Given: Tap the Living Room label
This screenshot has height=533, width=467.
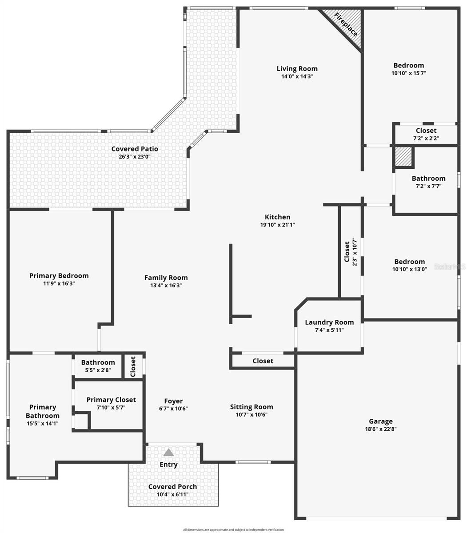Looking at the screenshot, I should coord(297,68).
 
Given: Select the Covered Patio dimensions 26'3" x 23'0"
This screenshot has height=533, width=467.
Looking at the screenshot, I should coord(135,156).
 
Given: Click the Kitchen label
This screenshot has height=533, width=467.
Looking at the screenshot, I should coord(277,217).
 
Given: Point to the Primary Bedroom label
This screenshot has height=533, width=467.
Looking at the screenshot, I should coord(59,275).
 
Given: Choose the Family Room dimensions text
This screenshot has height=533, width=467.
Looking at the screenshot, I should coord(166,285).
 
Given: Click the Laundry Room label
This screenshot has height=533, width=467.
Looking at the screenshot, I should coord(329,322).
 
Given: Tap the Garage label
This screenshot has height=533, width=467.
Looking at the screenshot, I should coord(381,421).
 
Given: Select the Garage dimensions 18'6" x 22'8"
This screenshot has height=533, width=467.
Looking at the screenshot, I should coord(381,429).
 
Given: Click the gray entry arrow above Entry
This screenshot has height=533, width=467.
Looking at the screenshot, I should coord(168,453).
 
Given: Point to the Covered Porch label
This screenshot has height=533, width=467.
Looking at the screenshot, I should coord(172,486).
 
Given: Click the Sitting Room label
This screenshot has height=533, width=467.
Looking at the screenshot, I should coord(251,406).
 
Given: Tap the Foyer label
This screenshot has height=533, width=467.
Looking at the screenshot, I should coord(173,401).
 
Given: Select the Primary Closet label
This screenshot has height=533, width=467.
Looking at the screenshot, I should coord(111,400).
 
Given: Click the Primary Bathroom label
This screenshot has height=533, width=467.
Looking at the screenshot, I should coord(43,411).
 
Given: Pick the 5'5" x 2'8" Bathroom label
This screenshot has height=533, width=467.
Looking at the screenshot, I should coord(98,362).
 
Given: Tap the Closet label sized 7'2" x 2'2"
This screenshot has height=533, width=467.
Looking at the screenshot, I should coord(426,131).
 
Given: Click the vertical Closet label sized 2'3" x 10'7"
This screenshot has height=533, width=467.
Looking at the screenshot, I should coord(347,251).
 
